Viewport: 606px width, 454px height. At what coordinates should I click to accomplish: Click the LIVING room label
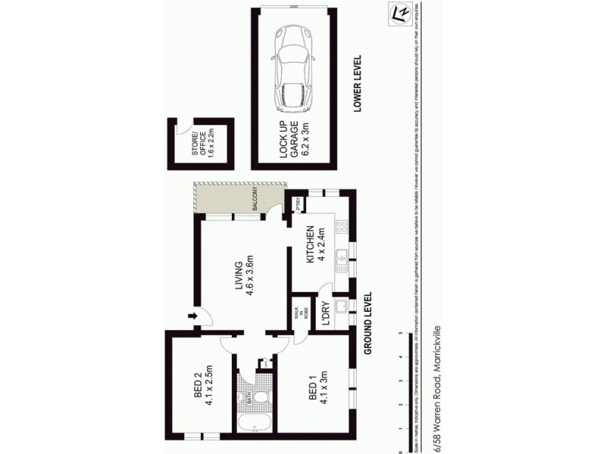pos(243,279)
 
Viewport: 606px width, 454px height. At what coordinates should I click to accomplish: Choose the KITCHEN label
pos(314,245)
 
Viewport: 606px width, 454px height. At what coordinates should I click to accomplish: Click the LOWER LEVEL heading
pos(358,84)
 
